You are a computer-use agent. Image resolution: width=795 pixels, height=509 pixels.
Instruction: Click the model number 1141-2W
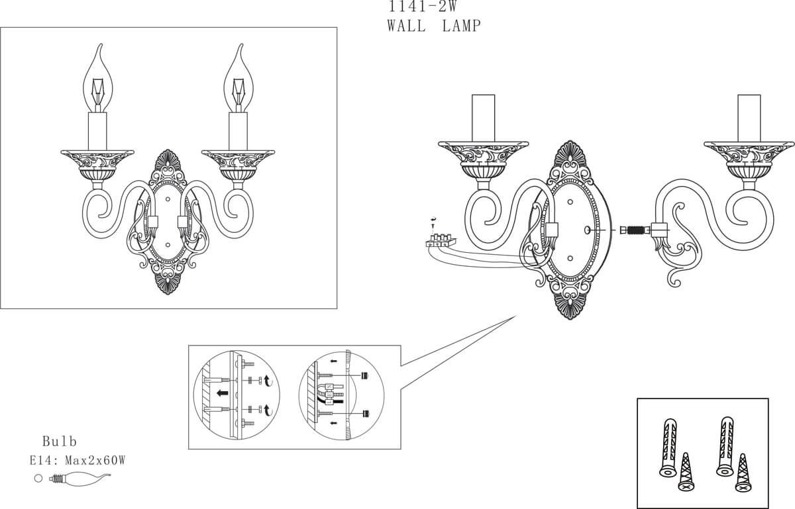[x=423, y=6]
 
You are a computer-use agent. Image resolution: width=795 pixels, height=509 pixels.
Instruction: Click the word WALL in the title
[x=406, y=26]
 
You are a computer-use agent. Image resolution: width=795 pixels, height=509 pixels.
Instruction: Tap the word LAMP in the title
[x=462, y=26]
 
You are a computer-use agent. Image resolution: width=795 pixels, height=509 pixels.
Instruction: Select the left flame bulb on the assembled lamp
[x=98, y=78]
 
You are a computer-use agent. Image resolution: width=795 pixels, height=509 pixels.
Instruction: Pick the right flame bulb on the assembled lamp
[x=238, y=78]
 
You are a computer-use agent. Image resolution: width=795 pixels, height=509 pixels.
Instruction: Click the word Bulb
[x=59, y=441]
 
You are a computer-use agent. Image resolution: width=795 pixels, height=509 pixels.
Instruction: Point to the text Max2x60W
[x=95, y=461]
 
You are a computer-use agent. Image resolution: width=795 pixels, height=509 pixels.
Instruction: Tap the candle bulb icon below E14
[x=80, y=479]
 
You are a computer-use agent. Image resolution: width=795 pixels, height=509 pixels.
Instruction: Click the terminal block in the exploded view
[x=441, y=240]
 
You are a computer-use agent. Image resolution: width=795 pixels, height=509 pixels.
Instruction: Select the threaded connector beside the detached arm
[x=635, y=230]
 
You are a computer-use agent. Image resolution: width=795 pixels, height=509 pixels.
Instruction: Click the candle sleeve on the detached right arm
[x=749, y=118]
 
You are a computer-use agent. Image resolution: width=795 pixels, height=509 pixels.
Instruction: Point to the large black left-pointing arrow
[x=223, y=393]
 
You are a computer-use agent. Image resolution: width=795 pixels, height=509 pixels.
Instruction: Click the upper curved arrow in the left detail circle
[x=268, y=381]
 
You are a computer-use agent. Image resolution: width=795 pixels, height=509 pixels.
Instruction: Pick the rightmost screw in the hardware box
[x=743, y=473]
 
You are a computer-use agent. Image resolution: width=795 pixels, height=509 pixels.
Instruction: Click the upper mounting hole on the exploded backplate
[x=570, y=202]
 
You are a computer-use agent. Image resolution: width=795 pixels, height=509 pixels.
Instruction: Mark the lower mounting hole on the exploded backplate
[x=570, y=258]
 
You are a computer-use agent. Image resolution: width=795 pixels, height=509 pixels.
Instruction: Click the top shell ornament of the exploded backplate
[x=570, y=152]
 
